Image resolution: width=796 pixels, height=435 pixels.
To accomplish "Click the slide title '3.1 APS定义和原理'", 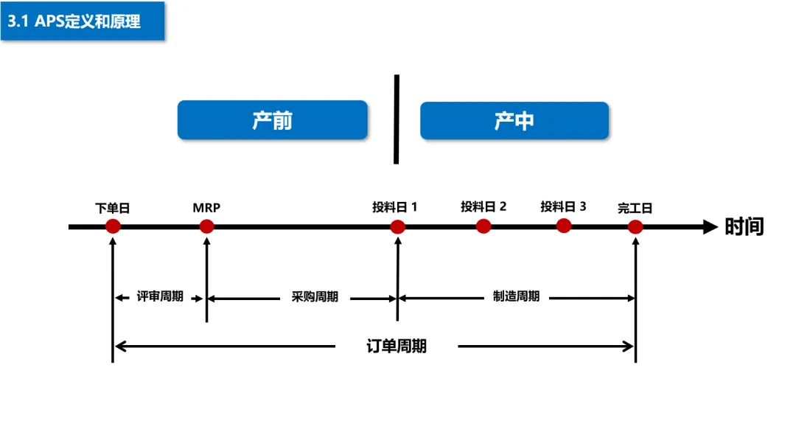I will pyautogui.click(x=74, y=21).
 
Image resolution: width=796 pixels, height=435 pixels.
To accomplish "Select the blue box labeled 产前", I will pyautogui.click(x=272, y=120).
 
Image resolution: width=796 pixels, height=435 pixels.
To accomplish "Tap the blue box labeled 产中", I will pyautogui.click(x=514, y=121).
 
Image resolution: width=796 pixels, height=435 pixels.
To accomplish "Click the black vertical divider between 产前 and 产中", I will pyautogui.click(x=397, y=119).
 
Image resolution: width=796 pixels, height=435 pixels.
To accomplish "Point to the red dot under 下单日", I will pyautogui.click(x=113, y=226).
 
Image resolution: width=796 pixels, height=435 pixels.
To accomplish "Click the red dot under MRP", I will pyautogui.click(x=206, y=226).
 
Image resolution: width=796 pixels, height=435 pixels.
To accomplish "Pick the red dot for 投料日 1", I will pyautogui.click(x=398, y=226).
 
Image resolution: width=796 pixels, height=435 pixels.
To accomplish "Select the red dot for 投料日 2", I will pyautogui.click(x=483, y=226).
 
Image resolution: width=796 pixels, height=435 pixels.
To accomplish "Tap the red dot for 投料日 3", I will pyautogui.click(x=564, y=226).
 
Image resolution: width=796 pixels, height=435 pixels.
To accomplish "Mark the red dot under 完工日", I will pyautogui.click(x=635, y=226).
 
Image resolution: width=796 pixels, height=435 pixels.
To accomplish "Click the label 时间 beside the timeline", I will pyautogui.click(x=744, y=226).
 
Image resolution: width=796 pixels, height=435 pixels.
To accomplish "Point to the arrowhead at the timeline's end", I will pyautogui.click(x=710, y=226).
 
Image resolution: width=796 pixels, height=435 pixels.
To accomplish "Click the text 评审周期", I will pyautogui.click(x=160, y=297).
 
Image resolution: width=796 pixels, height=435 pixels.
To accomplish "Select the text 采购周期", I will pyautogui.click(x=315, y=297).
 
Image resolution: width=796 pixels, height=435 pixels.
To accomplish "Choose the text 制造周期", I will pyautogui.click(x=516, y=296).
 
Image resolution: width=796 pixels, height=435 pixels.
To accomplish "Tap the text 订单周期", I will pyautogui.click(x=397, y=346).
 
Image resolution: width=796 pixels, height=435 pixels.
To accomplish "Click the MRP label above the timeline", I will pyautogui.click(x=206, y=208).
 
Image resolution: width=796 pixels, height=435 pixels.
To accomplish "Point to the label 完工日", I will pyautogui.click(x=635, y=209).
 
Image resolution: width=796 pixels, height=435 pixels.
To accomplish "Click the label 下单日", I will pyautogui.click(x=113, y=209).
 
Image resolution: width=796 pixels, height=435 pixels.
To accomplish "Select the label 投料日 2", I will pyautogui.click(x=483, y=207).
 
